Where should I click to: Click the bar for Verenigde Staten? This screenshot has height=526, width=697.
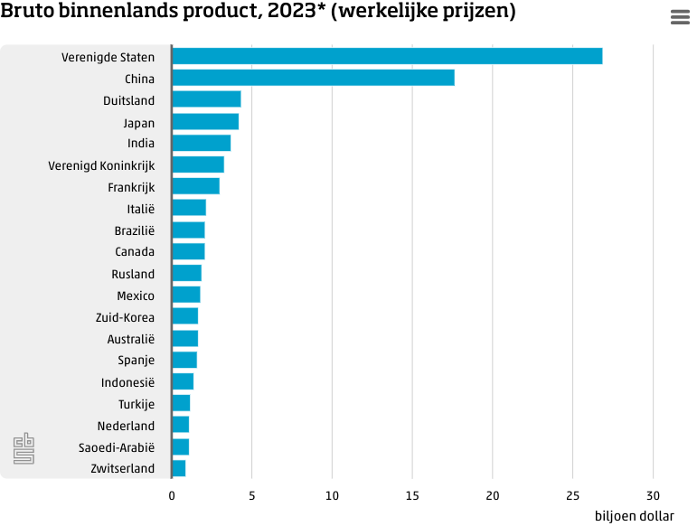pyautogui.click(x=386, y=56)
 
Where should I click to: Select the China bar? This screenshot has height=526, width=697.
pyautogui.click(x=313, y=78)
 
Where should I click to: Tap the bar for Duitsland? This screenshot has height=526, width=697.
pyautogui.click(x=206, y=99)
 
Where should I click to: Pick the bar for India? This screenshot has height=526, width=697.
pyautogui.click(x=201, y=143)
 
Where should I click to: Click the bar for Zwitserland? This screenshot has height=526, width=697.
pyautogui.click(x=178, y=468)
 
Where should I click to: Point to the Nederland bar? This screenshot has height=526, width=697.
pyautogui.click(x=180, y=425)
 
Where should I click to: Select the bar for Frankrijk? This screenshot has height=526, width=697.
pyautogui.click(x=195, y=186)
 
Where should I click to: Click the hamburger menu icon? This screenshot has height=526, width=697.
pyautogui.click(x=680, y=17)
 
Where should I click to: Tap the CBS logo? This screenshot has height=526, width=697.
pyautogui.click(x=24, y=449)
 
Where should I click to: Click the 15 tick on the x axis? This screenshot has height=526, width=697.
pyautogui.click(x=412, y=495)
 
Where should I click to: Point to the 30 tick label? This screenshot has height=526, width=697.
pyautogui.click(x=653, y=495)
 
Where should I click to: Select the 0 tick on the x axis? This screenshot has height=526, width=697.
pyautogui.click(x=172, y=495)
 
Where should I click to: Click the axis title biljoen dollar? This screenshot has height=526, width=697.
pyautogui.click(x=634, y=516)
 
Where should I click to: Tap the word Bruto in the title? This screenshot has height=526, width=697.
pyautogui.click(x=26, y=12)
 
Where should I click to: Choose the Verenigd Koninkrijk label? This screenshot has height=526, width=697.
pyautogui.click(x=101, y=165)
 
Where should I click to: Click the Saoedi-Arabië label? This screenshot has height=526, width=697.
pyautogui.click(x=117, y=447)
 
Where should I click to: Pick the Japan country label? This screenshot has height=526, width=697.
pyautogui.click(x=138, y=122)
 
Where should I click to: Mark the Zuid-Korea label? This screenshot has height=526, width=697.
pyautogui.click(x=125, y=317)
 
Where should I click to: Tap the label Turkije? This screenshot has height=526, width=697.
pyautogui.click(x=136, y=404)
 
